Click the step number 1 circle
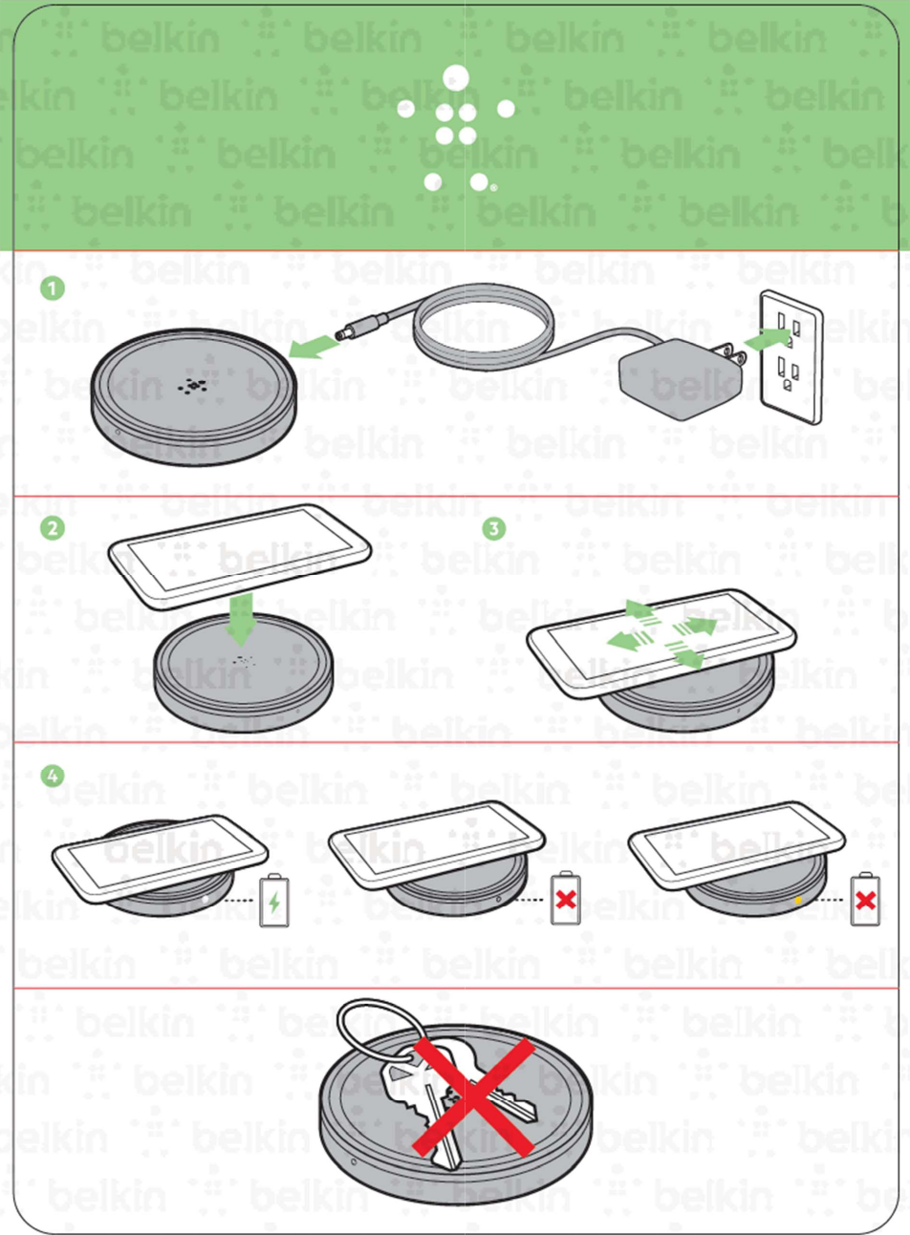coord(53,287)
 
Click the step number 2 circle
coord(53,528)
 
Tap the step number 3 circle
coord(493,528)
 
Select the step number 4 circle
coord(53,776)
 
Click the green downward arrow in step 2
coord(241,618)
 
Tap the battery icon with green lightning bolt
coord(274,900)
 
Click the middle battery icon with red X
coord(565,899)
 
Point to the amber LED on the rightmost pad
coord(797,901)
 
